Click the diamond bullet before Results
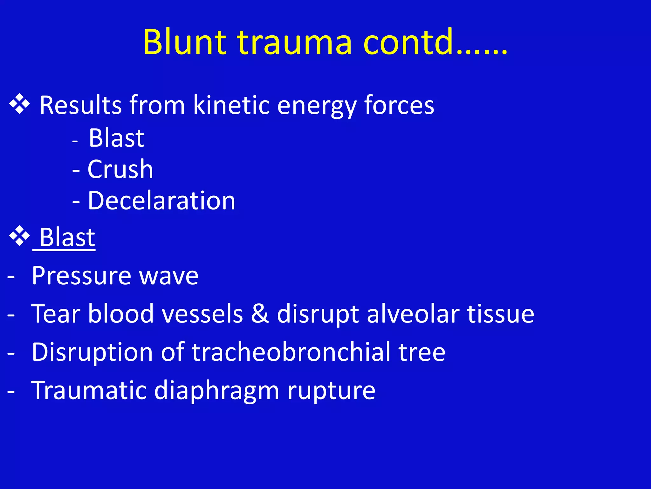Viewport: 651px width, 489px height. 19,104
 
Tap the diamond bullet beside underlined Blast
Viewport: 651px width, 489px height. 19,236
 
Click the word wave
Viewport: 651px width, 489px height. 169,276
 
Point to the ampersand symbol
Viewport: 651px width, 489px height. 260,314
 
